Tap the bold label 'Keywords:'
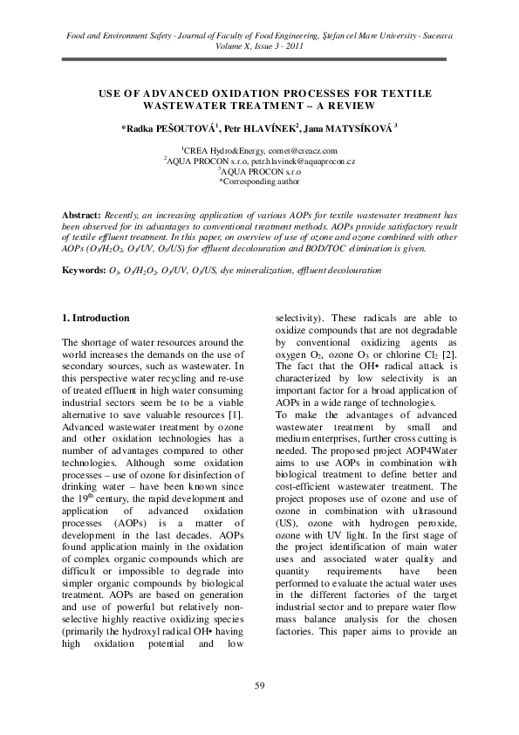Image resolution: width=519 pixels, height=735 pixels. coord(86,271)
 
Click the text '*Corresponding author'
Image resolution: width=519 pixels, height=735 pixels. coord(259,182)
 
